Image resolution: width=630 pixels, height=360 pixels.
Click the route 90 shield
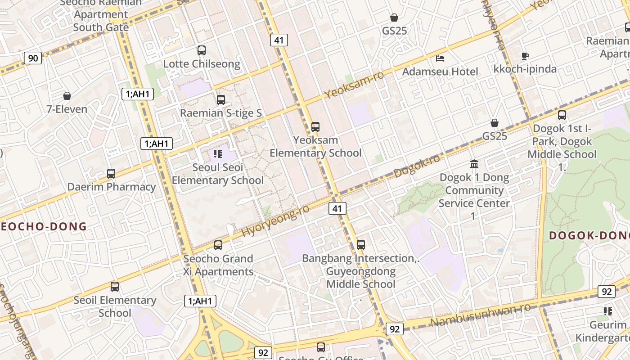[33, 58]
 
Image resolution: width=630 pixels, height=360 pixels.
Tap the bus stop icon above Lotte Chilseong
[202, 50]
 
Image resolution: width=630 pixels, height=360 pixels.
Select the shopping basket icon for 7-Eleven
[67, 96]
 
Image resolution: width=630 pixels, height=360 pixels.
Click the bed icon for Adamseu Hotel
[440, 58]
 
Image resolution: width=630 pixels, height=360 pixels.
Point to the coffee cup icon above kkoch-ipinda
[525, 56]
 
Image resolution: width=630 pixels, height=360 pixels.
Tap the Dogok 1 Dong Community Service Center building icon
[474, 164]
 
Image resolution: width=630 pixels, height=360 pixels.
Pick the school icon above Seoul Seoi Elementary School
[218, 154]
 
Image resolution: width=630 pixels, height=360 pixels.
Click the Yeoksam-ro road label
[354, 84]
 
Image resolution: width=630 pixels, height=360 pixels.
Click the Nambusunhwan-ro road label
[481, 315]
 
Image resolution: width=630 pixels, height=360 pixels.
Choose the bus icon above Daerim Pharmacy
[111, 173]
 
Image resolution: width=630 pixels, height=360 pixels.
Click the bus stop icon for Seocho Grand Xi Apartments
[218, 245]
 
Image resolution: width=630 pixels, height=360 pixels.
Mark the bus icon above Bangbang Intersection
[361, 245]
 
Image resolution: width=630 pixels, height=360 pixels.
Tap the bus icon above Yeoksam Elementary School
[315, 127]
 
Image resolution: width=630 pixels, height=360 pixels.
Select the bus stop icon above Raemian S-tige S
[221, 100]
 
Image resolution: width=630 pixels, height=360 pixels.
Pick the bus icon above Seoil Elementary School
[115, 287]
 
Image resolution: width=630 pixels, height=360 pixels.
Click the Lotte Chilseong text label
[202, 64]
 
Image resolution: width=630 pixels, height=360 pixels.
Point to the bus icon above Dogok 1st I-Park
[562, 115]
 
